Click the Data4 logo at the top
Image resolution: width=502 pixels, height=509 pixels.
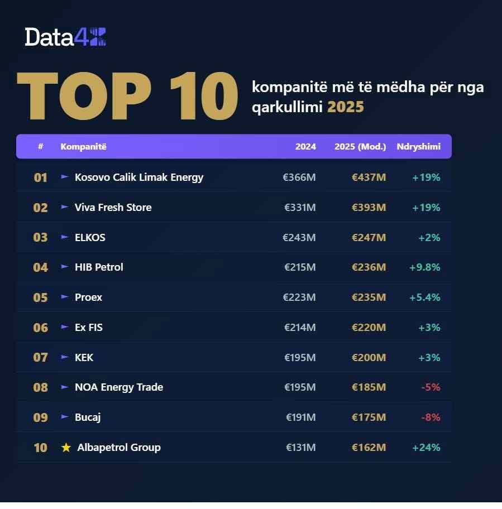(x=65, y=37)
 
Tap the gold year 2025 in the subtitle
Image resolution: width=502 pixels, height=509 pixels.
(x=345, y=107)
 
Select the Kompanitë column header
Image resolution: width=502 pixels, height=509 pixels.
(x=83, y=147)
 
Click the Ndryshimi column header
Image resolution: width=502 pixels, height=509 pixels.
(x=418, y=147)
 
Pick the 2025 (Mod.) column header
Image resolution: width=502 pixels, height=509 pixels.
(x=360, y=147)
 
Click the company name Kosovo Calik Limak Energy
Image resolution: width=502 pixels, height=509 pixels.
(x=139, y=177)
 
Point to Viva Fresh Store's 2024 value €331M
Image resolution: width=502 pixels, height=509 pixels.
(x=300, y=208)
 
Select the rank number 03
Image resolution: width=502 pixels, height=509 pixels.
(x=41, y=237)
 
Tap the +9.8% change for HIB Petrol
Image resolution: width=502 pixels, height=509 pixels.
(x=425, y=267)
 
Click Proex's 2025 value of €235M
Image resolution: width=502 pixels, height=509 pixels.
(x=369, y=297)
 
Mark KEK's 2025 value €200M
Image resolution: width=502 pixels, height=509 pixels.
(x=369, y=358)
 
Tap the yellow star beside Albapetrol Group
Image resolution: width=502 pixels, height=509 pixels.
(x=66, y=448)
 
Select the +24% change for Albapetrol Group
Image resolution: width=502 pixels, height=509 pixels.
(x=426, y=448)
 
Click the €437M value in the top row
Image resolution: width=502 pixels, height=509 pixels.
(x=369, y=177)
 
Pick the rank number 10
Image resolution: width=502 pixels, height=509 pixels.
(x=41, y=448)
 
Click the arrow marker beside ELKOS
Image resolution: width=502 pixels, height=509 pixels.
(x=65, y=237)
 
